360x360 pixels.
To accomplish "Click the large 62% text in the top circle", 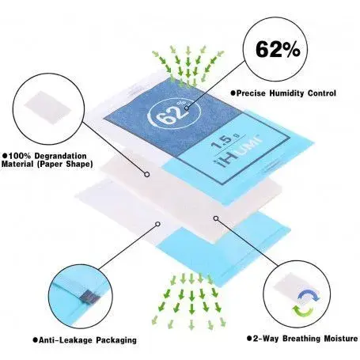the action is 278,49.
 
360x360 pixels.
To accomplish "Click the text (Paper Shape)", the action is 65,164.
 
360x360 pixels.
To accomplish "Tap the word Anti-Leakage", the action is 66,340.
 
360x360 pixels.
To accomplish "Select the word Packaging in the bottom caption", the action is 116,340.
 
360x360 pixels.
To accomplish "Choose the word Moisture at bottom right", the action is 341,339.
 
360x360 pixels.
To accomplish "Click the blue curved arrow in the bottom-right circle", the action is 309,295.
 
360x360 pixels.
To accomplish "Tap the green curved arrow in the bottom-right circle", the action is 303,311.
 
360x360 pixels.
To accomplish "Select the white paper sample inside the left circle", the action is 47,108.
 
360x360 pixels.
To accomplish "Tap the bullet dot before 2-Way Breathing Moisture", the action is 249,339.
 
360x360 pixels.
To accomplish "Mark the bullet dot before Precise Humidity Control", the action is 233,93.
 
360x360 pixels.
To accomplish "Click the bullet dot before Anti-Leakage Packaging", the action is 35,340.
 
